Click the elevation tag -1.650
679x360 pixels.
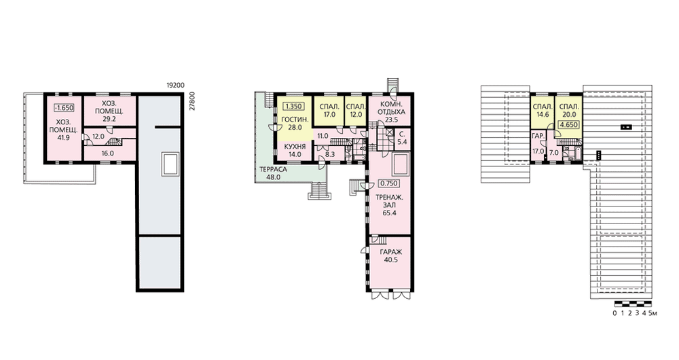64,108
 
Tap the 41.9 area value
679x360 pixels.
63,138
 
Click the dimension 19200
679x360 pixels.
175,86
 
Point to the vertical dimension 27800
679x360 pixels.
193,101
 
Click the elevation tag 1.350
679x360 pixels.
293,106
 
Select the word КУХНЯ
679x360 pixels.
295,147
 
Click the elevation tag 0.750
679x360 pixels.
388,183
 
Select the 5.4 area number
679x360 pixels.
401,142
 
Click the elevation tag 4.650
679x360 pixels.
568,125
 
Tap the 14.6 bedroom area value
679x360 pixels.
542,115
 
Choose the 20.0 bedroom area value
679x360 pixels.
568,115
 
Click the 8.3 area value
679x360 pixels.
329,154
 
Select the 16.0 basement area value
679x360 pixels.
107,153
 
